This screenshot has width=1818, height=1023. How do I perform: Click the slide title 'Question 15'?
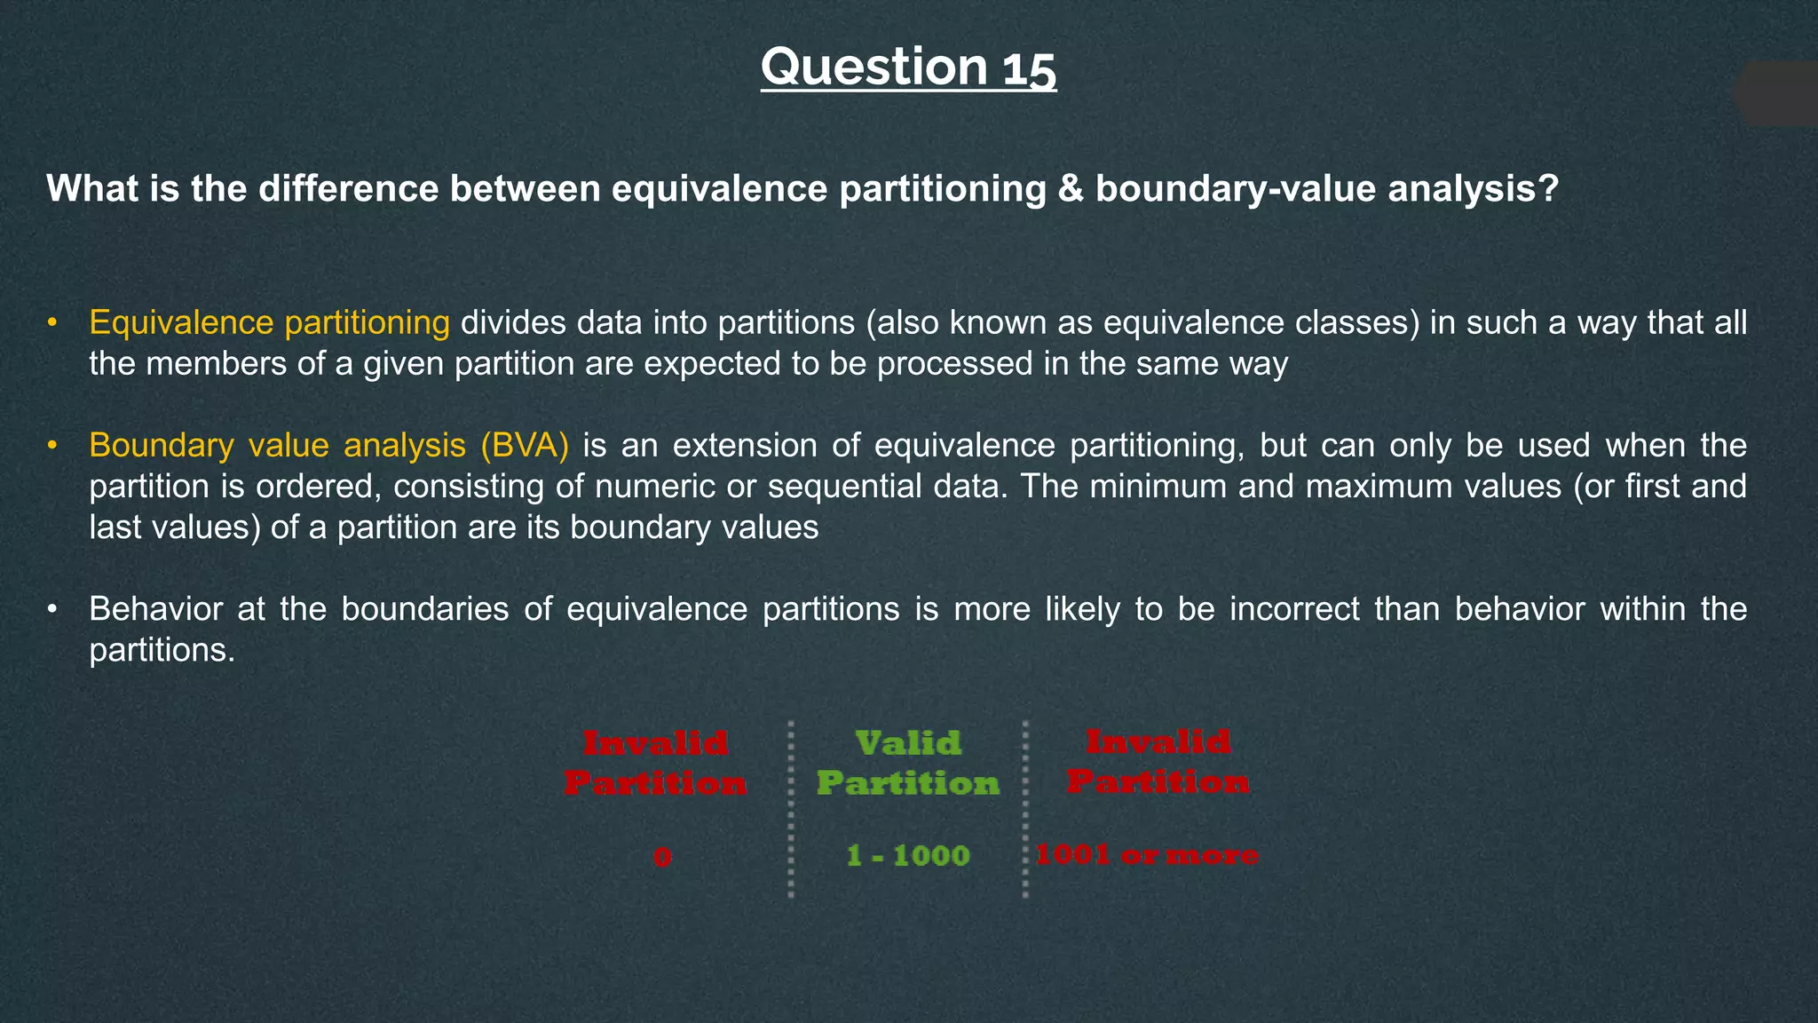click(908, 67)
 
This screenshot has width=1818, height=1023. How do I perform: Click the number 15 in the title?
click(1030, 69)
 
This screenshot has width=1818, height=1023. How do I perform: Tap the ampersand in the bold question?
click(1071, 189)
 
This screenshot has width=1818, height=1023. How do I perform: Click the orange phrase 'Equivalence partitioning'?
click(269, 322)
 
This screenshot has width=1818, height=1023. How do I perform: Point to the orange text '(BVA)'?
click(525, 445)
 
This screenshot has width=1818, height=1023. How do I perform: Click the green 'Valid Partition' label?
click(908, 763)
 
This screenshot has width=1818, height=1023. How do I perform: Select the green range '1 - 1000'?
click(908, 856)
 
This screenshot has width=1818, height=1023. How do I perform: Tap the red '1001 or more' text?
click(1146, 855)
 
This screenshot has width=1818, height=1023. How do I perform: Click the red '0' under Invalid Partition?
click(662, 857)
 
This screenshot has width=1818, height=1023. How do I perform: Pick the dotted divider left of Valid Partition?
click(791, 808)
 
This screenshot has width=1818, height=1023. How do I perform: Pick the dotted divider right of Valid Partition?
click(1025, 808)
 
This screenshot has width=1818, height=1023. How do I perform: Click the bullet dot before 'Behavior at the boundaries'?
click(52, 609)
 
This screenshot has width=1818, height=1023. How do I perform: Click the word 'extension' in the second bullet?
click(745, 445)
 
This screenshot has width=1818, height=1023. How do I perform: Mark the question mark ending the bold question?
click(1549, 189)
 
